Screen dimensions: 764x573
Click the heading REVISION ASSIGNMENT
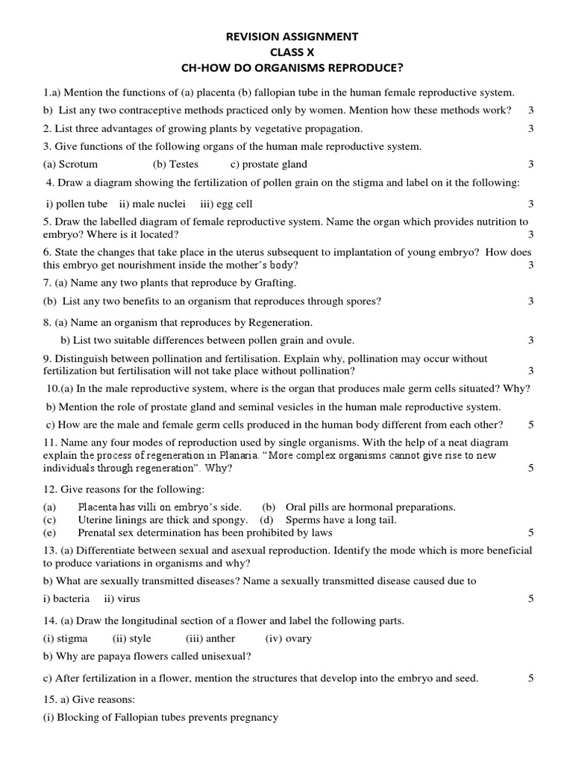(x=292, y=36)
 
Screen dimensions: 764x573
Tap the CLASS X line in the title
(x=292, y=52)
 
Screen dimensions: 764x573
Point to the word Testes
(x=184, y=164)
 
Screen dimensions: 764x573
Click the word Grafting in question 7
(x=275, y=283)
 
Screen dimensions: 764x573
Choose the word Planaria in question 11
(x=240, y=455)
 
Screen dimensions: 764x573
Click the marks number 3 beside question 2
(x=531, y=128)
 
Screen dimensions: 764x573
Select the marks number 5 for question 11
(x=531, y=469)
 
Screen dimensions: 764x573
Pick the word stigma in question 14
(x=73, y=639)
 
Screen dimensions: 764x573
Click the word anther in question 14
(x=221, y=639)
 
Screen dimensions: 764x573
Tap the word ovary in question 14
(x=298, y=639)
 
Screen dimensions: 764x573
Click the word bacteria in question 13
(x=73, y=598)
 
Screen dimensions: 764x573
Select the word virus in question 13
(x=128, y=598)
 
